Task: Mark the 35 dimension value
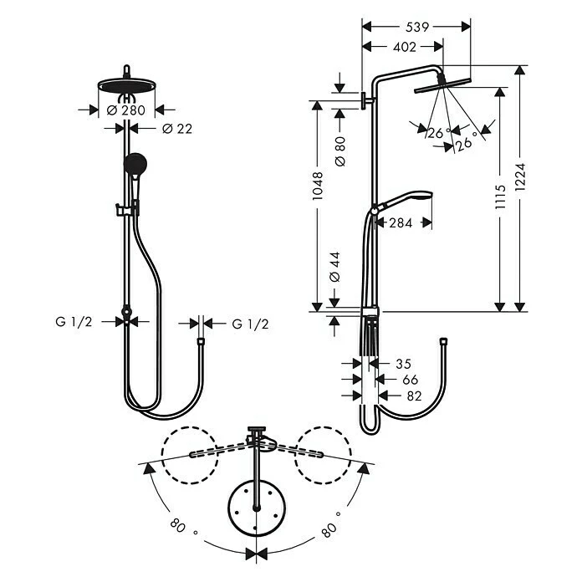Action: coord(403,364)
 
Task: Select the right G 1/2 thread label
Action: coord(250,324)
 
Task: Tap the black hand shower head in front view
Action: coord(134,164)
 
